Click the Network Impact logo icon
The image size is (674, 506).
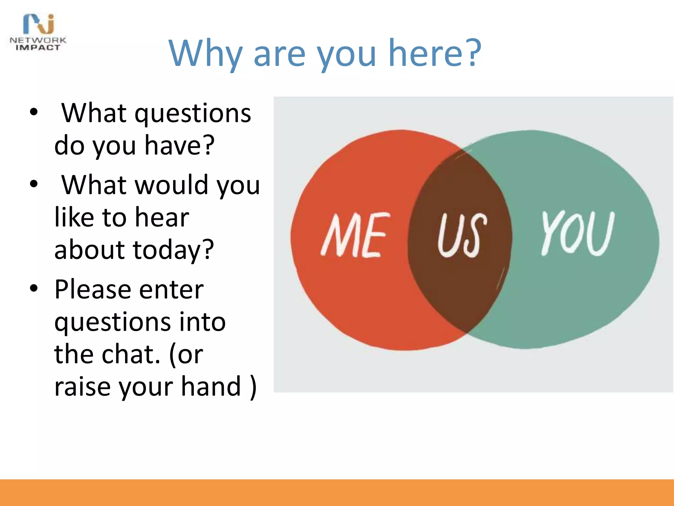(x=39, y=24)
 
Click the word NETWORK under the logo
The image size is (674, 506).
(x=38, y=40)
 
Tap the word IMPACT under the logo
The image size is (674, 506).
(x=38, y=48)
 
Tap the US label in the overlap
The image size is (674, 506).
(x=462, y=235)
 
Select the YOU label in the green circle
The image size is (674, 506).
(x=578, y=233)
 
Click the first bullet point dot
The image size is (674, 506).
(x=34, y=112)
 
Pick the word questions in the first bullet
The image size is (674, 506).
(x=193, y=114)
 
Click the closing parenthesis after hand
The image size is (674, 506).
(x=253, y=387)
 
